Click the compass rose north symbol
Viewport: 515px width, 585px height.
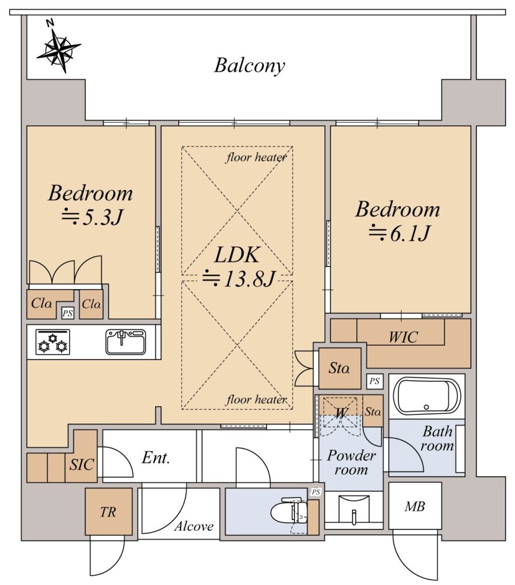(59, 49)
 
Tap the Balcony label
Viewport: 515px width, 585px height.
(250, 66)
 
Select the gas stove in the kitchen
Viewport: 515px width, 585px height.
(53, 342)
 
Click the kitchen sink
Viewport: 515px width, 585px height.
(126, 342)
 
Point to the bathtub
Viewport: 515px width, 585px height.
(427, 396)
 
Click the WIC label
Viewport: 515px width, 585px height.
(403, 337)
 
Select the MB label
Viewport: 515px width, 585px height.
(415, 506)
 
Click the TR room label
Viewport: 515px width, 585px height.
(108, 512)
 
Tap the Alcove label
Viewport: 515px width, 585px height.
(194, 526)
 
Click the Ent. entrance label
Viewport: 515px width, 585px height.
(156, 458)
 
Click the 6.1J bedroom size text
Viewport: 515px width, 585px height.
(400, 233)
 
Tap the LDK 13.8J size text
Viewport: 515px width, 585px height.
(239, 278)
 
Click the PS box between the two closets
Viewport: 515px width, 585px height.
(67, 313)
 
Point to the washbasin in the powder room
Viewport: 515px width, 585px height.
(353, 510)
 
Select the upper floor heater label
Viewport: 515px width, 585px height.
(256, 158)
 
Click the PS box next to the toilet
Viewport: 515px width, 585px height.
(316, 492)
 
